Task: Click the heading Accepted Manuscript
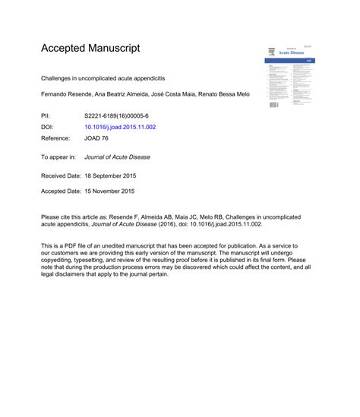(x=90, y=49)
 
